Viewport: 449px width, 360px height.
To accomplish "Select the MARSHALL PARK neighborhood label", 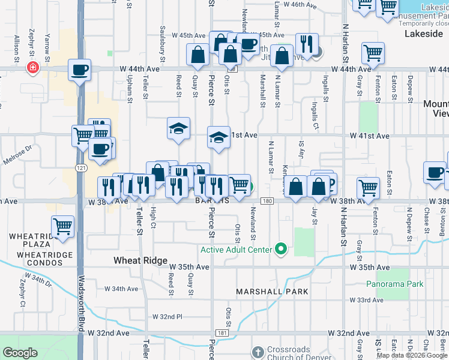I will point(272,292).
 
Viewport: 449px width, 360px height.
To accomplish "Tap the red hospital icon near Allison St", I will point(32,68).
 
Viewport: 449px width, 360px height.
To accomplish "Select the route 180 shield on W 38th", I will point(267,201).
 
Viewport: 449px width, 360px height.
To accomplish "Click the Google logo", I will point(20,353).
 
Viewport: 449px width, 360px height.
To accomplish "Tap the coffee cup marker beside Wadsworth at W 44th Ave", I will point(80,70).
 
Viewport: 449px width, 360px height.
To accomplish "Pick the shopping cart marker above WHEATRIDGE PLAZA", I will point(62,226).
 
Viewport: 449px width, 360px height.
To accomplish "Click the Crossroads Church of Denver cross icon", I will point(258,352).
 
